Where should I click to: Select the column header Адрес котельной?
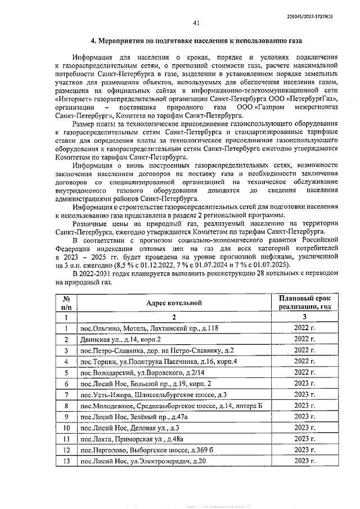(x=174, y=304)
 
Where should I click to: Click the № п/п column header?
(x=66, y=304)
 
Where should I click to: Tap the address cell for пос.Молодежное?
(x=171, y=406)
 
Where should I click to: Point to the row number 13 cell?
(x=66, y=461)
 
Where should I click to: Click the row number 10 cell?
(x=66, y=427)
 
